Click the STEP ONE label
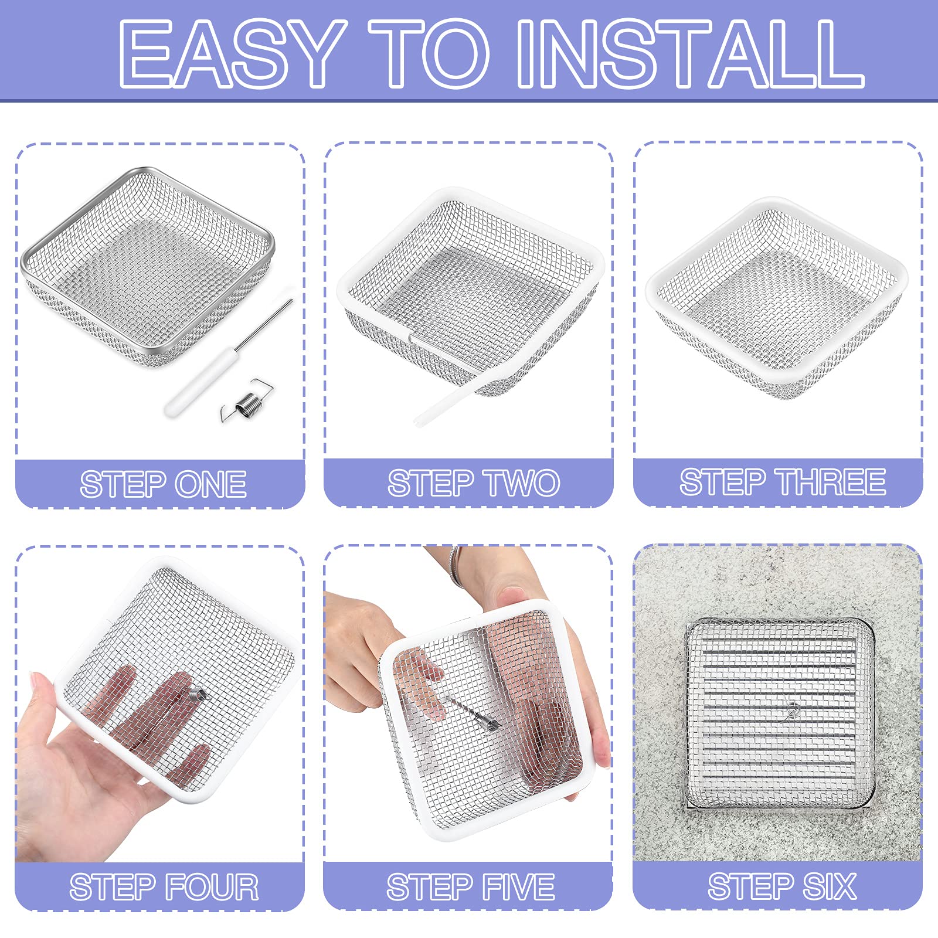point(163,484)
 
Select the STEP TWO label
point(474,483)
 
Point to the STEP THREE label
point(782,482)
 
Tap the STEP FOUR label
point(164,886)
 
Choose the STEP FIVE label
point(470,886)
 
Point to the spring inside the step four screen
point(198,696)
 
